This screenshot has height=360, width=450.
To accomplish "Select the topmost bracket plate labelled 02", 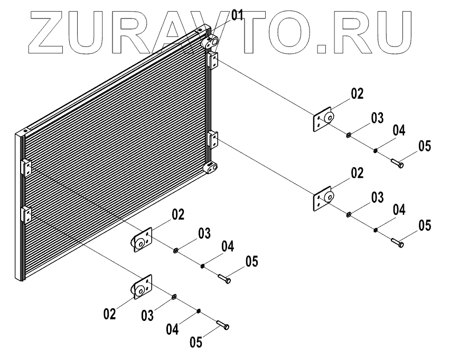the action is [322, 120].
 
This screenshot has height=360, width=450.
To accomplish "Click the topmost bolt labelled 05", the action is [397, 163].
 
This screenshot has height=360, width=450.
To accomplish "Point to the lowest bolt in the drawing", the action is [222, 325].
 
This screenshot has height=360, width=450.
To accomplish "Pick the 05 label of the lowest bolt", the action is [196, 342].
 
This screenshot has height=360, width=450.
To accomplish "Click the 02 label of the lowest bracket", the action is [109, 314].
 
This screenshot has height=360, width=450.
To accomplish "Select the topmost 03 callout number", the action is [377, 118].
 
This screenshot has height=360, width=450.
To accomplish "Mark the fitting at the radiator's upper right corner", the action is [211, 40].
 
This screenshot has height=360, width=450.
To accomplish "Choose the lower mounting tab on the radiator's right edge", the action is [214, 140].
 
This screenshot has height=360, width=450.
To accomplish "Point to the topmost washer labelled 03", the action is [349, 136].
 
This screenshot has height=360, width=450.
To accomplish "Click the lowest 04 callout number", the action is [173, 329].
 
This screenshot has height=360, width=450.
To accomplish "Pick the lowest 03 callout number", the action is [147, 316].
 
